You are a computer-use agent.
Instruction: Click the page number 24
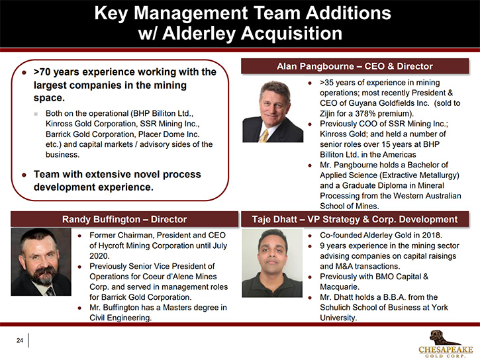point(20,340)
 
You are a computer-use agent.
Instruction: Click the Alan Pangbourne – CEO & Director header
point(355,66)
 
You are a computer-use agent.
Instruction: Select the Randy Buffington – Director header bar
point(124,219)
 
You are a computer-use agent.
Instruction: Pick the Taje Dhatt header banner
point(355,219)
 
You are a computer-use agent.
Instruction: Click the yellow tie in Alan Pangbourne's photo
point(264,136)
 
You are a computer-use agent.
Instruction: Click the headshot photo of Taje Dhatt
point(272,263)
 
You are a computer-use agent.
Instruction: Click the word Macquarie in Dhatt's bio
point(336,287)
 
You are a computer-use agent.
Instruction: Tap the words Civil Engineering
point(120,318)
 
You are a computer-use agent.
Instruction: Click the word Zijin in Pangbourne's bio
point(327,114)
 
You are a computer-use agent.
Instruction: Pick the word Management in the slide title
point(191,13)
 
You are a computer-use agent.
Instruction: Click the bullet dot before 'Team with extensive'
point(24,175)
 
